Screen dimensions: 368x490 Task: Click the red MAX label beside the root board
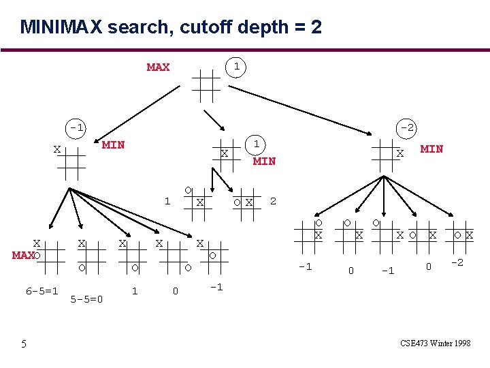[158, 67]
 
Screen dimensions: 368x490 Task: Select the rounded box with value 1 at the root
[235, 67]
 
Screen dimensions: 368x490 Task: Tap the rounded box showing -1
[76, 127]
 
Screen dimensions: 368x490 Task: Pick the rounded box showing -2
[407, 127]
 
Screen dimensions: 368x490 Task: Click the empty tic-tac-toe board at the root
[206, 85]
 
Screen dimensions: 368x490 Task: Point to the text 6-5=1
[42, 291]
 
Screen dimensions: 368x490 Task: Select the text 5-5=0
[86, 298]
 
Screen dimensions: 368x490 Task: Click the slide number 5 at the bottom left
[23, 344]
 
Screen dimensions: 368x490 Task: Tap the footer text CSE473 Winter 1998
[436, 343]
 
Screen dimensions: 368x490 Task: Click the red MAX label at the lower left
[22, 256]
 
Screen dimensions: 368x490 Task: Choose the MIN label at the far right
[431, 149]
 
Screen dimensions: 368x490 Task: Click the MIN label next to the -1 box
[113, 144]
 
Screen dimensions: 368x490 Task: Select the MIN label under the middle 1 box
[264, 162]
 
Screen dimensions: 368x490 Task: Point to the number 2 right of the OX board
[273, 201]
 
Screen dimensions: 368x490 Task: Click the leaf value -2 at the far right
[457, 263]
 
